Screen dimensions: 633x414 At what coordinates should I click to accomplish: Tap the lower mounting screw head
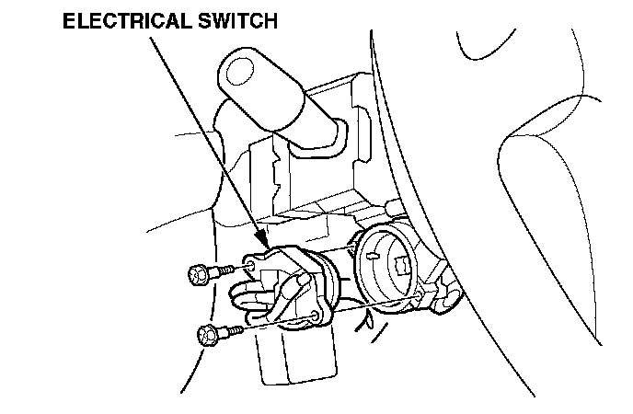[206, 333]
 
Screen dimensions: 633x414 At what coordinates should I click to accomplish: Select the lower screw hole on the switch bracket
[317, 315]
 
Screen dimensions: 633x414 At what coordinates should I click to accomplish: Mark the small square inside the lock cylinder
[402, 265]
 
